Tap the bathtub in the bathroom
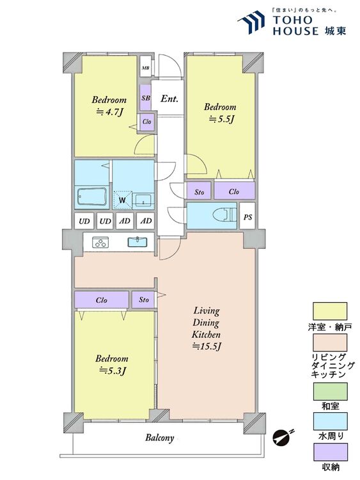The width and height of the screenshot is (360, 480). (92, 197)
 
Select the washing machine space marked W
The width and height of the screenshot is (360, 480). (123, 200)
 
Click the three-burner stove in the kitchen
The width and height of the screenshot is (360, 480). (100, 242)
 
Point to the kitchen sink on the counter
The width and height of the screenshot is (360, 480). (137, 241)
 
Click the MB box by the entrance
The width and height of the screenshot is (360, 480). (146, 67)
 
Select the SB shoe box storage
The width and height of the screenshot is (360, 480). (146, 98)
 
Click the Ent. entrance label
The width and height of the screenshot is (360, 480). (169, 99)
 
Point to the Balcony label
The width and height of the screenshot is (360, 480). (159, 438)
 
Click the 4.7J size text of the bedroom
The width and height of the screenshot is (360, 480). (110, 113)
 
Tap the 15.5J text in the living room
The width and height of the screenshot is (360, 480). (207, 346)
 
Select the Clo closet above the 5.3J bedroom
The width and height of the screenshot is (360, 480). (102, 300)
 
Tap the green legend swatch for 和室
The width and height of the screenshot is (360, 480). (330, 391)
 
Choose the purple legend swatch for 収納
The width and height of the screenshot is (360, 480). (330, 452)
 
